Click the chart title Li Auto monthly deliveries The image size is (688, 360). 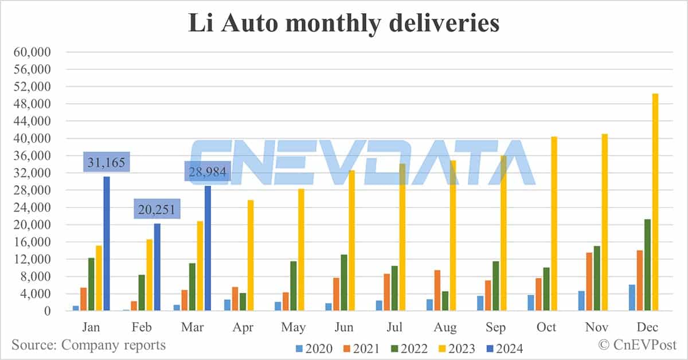(344, 24)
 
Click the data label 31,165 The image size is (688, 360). (107, 162)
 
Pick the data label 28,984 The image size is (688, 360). (207, 171)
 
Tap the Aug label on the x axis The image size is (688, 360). (445, 327)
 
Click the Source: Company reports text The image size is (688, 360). (89, 345)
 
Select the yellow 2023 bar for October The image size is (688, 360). (554, 224)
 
